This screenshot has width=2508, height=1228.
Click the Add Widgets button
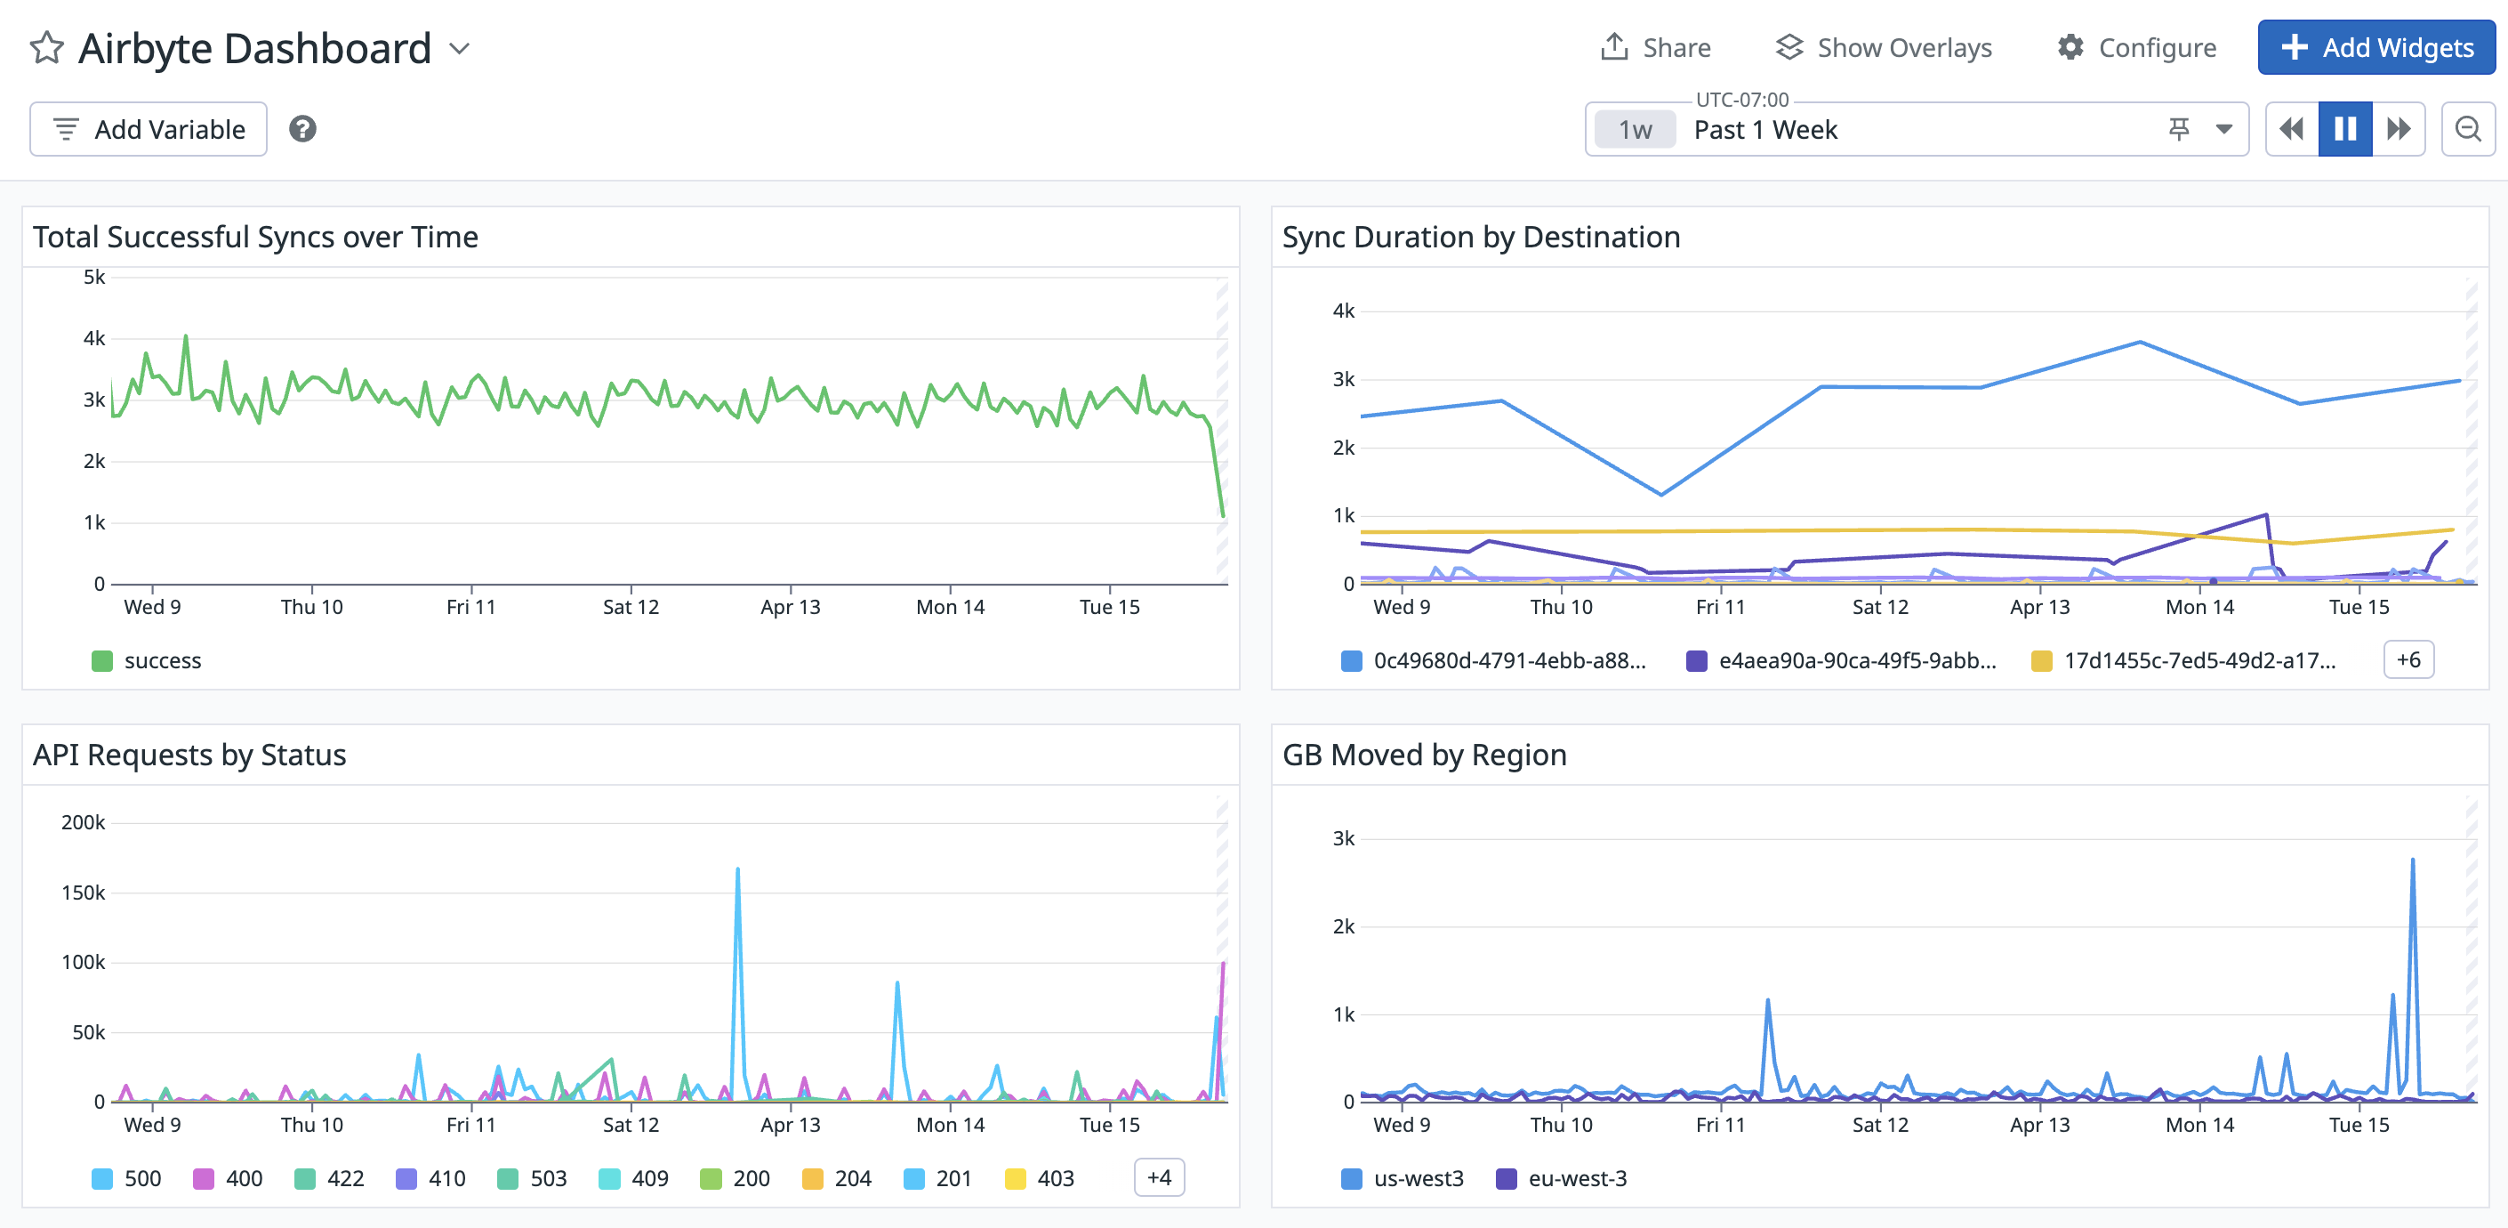[2375, 48]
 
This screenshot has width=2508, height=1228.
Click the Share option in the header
[1656, 48]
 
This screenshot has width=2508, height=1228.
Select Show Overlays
[1884, 48]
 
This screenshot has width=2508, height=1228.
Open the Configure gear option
[2137, 48]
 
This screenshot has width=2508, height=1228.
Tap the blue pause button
[2344, 128]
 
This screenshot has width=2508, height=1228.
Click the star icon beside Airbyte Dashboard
[47, 48]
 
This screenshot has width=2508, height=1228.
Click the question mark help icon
[302, 128]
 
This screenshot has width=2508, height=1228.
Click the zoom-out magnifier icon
[2467, 128]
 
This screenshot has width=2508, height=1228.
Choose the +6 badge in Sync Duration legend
[2408, 659]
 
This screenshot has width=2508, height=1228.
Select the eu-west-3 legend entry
[1562, 1178]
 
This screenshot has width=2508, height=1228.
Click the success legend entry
[146, 660]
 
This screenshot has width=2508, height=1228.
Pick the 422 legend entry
[329, 1178]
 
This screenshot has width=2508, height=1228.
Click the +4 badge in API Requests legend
[1159, 1177]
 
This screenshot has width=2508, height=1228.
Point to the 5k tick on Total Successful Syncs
[94, 278]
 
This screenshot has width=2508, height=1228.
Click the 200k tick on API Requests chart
[83, 823]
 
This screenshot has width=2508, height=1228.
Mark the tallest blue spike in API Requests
[738, 869]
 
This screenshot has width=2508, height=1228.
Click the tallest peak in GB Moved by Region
[2413, 860]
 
